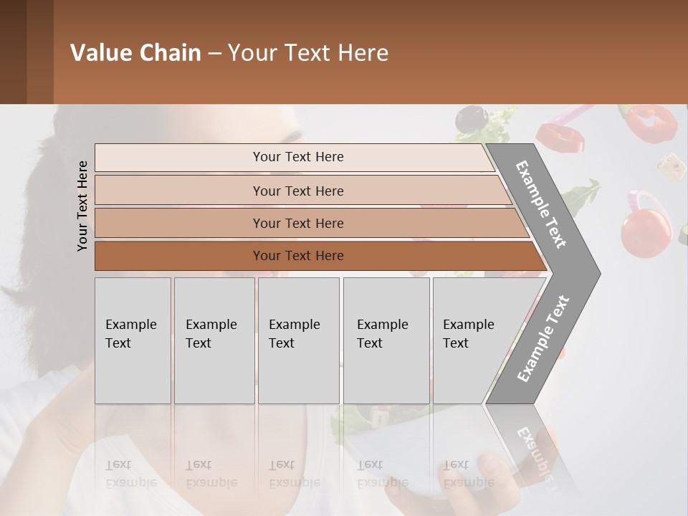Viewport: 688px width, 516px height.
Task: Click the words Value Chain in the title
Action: pos(135,53)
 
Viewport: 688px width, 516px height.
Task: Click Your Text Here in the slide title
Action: pos(308,53)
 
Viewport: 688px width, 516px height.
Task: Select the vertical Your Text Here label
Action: pos(82,206)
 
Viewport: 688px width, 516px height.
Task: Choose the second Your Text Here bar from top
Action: pos(297,191)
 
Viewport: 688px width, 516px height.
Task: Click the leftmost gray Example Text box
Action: pos(133,340)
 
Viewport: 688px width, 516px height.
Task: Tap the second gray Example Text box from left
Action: pos(214,340)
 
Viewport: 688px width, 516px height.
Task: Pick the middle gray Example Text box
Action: pos(298,340)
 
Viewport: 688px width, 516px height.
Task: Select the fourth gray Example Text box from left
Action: pos(386,340)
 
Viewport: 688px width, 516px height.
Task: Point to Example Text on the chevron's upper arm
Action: pos(541,204)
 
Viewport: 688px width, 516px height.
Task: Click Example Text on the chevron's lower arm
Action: pos(543,338)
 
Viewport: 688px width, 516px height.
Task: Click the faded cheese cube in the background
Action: pos(671,167)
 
